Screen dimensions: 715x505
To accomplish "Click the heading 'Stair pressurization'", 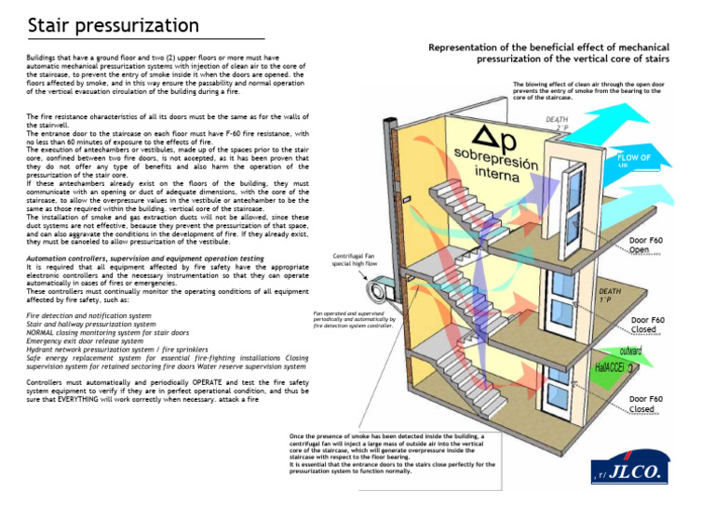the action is (x=113, y=24).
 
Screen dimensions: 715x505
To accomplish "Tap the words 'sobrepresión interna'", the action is (x=497, y=164).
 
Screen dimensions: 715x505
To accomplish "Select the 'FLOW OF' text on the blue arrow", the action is (x=634, y=158).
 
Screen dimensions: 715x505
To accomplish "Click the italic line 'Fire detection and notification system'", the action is (x=89, y=316).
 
